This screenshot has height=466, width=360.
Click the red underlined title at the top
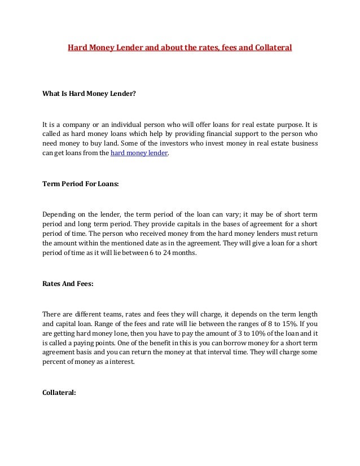[179, 49]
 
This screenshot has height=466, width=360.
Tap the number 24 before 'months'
[170, 254]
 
